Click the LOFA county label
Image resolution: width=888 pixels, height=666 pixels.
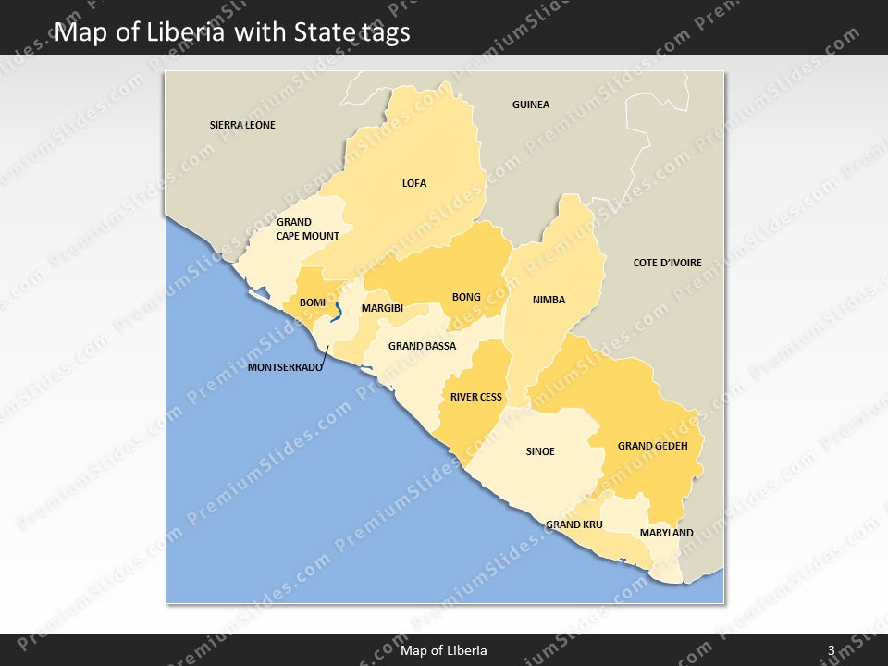(x=414, y=183)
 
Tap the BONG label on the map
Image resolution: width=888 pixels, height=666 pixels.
(x=466, y=297)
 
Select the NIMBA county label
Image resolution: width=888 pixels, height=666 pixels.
(x=549, y=300)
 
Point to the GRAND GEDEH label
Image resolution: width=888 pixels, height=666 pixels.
(x=653, y=446)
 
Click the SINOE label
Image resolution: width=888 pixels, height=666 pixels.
(x=540, y=451)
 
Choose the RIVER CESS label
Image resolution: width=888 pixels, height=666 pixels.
(x=476, y=397)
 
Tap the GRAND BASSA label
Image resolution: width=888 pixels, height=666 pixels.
(x=422, y=346)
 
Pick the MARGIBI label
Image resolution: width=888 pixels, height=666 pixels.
(x=382, y=308)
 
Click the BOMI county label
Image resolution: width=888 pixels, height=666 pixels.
(x=313, y=302)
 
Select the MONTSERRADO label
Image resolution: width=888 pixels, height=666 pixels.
(x=285, y=367)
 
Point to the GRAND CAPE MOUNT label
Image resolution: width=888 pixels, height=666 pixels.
(x=307, y=228)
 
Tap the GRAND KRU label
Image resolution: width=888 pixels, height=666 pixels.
(x=573, y=524)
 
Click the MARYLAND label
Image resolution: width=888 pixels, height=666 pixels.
(x=666, y=533)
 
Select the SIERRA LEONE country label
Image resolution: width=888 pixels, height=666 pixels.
(x=242, y=125)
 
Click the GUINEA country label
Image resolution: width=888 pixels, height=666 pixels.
(x=531, y=105)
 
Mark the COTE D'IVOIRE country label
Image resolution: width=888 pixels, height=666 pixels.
(x=667, y=263)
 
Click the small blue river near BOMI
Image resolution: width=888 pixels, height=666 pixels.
(x=339, y=310)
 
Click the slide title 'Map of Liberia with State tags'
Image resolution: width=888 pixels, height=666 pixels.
(x=233, y=32)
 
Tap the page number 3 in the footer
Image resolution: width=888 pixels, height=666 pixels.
(x=832, y=650)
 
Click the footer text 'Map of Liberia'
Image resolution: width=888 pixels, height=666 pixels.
(x=444, y=650)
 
